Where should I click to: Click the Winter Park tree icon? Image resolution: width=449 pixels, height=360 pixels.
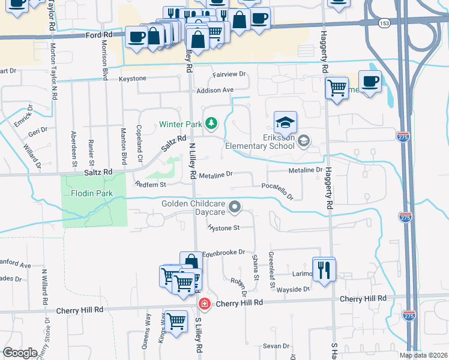(211, 124)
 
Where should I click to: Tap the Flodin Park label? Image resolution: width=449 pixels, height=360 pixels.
(92, 194)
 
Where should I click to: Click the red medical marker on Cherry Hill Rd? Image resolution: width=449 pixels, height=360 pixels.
(204, 304)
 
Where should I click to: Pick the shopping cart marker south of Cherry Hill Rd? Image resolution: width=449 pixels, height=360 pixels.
(176, 321)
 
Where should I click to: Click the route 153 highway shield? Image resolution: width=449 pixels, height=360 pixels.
(384, 22)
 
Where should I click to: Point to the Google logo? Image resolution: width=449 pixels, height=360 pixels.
(20, 353)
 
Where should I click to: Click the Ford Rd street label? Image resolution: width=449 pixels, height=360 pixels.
(99, 35)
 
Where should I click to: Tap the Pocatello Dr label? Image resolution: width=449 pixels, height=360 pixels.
(277, 191)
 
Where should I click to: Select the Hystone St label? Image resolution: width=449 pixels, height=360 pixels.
(223, 228)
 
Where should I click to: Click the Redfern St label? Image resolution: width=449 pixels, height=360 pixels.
(150, 185)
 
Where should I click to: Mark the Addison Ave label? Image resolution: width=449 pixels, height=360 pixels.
(214, 90)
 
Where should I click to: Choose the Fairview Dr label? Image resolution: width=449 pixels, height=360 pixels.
(229, 74)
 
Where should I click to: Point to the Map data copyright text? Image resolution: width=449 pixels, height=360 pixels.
(424, 355)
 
